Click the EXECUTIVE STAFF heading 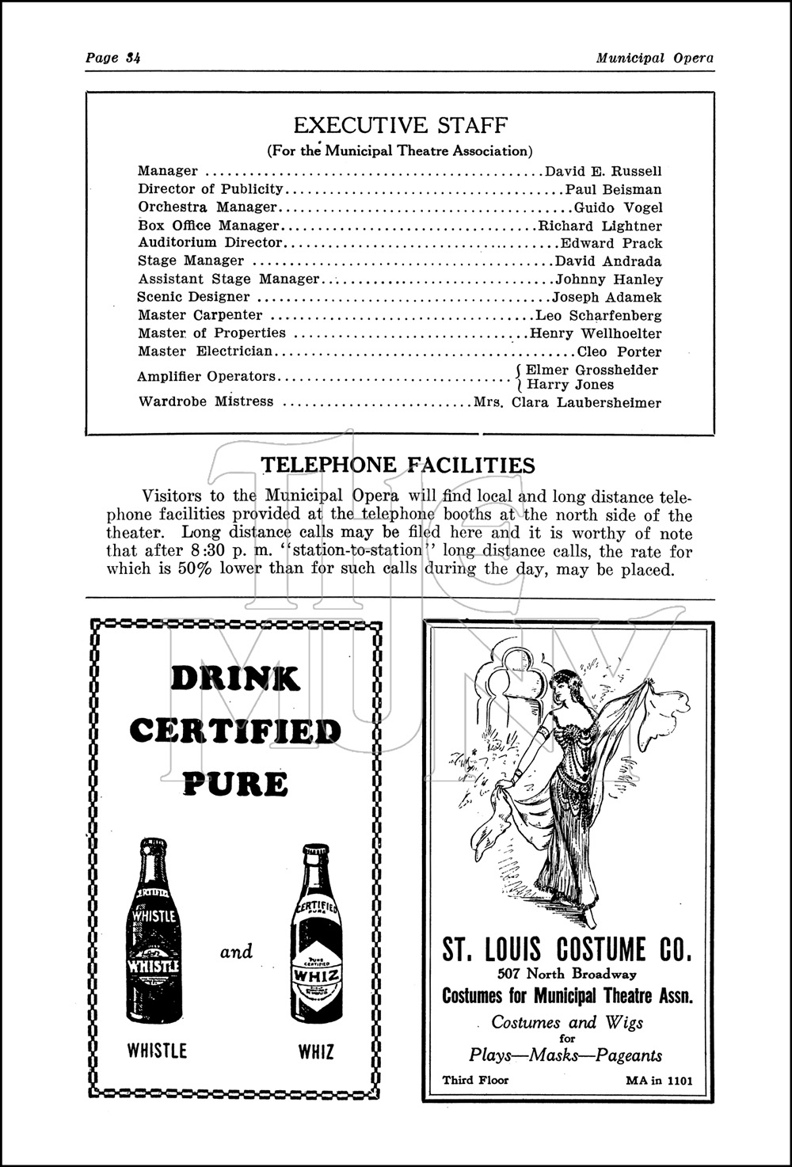(x=400, y=125)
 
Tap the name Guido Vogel (x=618, y=207)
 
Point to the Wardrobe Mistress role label (x=205, y=401)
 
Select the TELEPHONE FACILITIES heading (x=398, y=465)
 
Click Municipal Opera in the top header (x=655, y=58)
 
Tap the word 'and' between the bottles (x=236, y=951)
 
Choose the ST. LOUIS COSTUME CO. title (x=567, y=948)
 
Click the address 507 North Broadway (x=567, y=974)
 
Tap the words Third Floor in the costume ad (x=475, y=1080)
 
